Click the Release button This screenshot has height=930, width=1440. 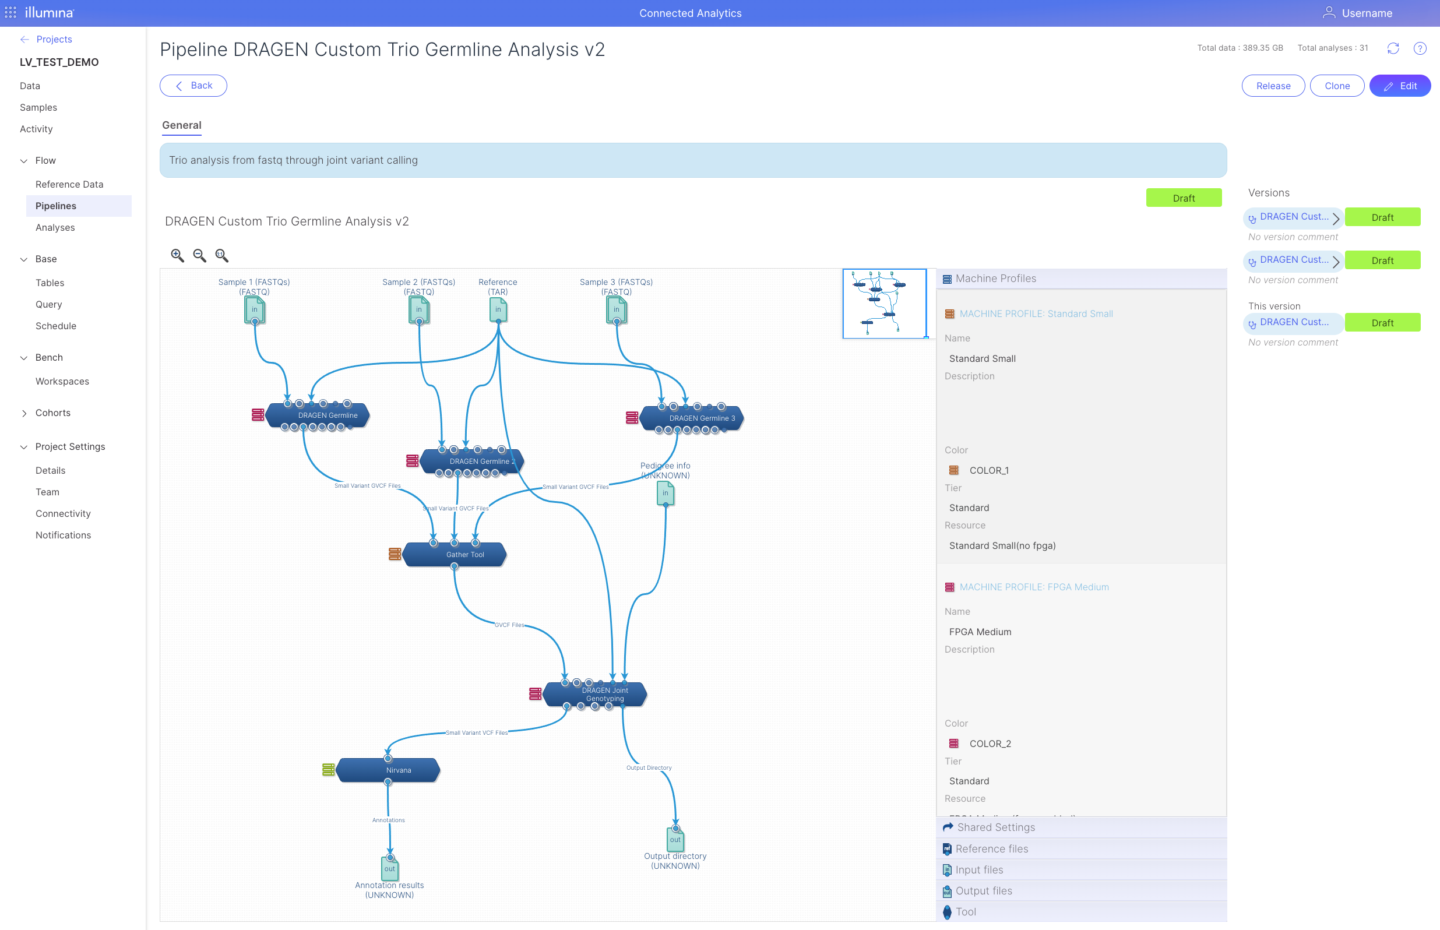pyautogui.click(x=1273, y=86)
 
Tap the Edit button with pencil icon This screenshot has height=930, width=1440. pyautogui.click(x=1400, y=86)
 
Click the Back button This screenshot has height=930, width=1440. pyautogui.click(x=193, y=86)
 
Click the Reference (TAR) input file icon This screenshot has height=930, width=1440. pyautogui.click(x=498, y=310)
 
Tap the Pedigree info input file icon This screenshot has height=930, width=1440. pyautogui.click(x=666, y=494)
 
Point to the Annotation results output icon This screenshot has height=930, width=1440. pyautogui.click(x=390, y=868)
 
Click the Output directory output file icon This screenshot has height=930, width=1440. pyautogui.click(x=675, y=840)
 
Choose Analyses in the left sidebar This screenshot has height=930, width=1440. pyautogui.click(x=55, y=228)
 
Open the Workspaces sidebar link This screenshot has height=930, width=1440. pyautogui.click(x=62, y=382)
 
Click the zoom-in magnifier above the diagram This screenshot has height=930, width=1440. pyautogui.click(x=177, y=255)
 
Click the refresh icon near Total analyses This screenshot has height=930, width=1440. pyautogui.click(x=1393, y=48)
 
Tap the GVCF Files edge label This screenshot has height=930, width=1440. pyautogui.click(x=509, y=625)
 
